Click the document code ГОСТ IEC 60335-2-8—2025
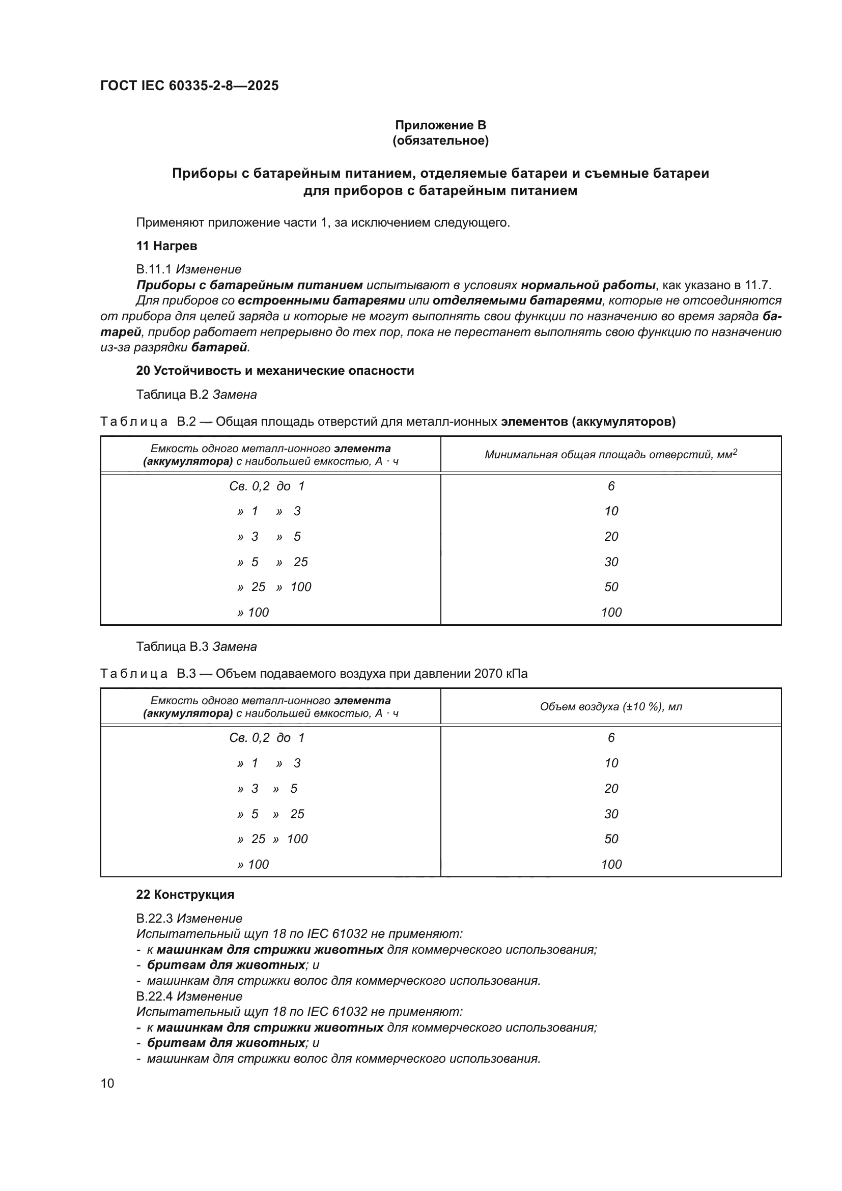[189, 86]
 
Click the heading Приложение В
[440, 125]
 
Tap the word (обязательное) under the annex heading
[440, 141]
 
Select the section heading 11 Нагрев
[166, 246]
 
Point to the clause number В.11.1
[154, 269]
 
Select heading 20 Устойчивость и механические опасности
[275, 370]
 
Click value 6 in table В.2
[611, 486]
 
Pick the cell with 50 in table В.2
[611, 587]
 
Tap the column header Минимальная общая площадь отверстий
[611, 455]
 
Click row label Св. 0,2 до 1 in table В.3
[267, 738]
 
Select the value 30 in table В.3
[611, 813]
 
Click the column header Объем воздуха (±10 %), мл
[611, 707]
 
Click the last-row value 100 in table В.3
[611, 864]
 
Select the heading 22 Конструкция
[185, 894]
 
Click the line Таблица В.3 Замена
[197, 646]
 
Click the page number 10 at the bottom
[107, 1083]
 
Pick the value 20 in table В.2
[611, 536]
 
